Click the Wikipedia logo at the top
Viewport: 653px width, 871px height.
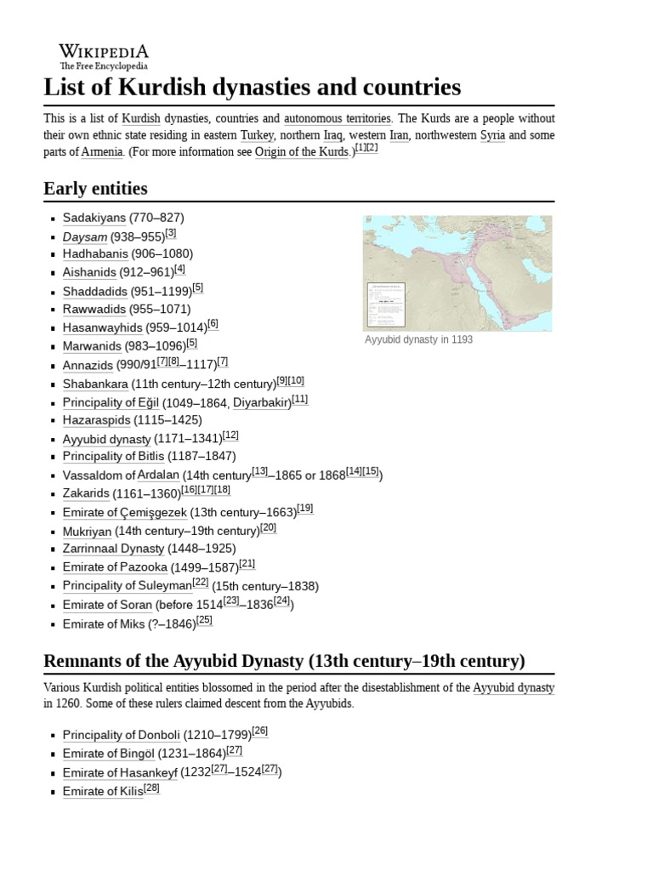pyautogui.click(x=103, y=56)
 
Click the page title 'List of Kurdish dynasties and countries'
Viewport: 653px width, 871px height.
pyautogui.click(x=252, y=87)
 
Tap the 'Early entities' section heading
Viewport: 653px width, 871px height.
pyautogui.click(x=95, y=188)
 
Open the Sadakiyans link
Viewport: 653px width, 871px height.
pyautogui.click(x=94, y=218)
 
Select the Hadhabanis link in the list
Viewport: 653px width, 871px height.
pyautogui.click(x=95, y=253)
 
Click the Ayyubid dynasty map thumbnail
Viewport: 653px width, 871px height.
pyautogui.click(x=457, y=272)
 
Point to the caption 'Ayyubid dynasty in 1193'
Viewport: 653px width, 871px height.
pyautogui.click(x=418, y=339)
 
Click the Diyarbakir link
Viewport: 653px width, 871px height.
pyautogui.click(x=262, y=402)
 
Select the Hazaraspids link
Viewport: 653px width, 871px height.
pyautogui.click(x=96, y=420)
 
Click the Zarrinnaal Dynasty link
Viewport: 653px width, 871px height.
pyautogui.click(x=113, y=549)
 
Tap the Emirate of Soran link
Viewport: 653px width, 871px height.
pyautogui.click(x=107, y=605)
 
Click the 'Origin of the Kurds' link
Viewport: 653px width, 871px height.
pyautogui.click(x=302, y=152)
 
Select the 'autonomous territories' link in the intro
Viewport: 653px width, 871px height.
pyautogui.click(x=338, y=118)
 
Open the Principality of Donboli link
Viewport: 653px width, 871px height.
pyautogui.click(x=116, y=735)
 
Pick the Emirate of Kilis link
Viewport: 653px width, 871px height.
pyautogui.click(x=102, y=791)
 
